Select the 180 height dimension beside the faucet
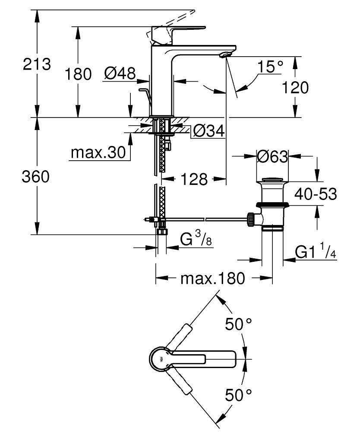coord(78,74)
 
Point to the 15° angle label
coord(271,67)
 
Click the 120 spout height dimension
coord(295,88)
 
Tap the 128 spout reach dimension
coord(195,179)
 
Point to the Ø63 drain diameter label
coord(272,157)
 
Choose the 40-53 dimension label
coord(315,194)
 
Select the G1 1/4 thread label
coord(316,252)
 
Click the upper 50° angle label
coord(238,324)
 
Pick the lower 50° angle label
coord(238,394)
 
